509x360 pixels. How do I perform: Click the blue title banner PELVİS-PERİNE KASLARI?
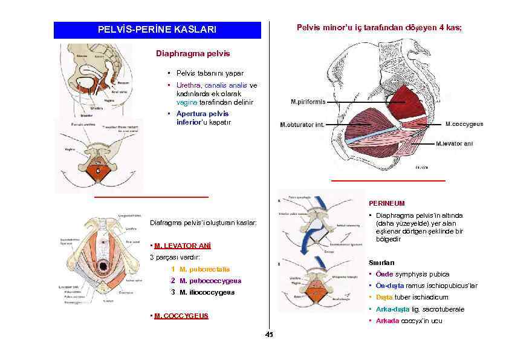coord(157,30)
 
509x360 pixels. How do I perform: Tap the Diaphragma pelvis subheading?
coord(193,53)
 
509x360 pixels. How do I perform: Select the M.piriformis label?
coord(308,102)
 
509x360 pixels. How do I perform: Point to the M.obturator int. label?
coord(302,125)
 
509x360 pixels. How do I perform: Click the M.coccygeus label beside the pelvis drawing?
coord(464,124)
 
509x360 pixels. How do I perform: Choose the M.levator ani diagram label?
coord(459,144)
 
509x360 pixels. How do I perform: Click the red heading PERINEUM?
coord(387,204)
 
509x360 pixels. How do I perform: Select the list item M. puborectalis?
coord(205,269)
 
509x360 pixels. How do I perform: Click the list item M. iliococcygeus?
coord(207,293)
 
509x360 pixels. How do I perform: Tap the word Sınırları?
coord(381,263)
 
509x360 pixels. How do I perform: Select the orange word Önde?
coord(385,274)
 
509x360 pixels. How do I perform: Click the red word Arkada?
coord(387,321)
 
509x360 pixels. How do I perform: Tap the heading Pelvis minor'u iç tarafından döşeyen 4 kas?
coord(379,28)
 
